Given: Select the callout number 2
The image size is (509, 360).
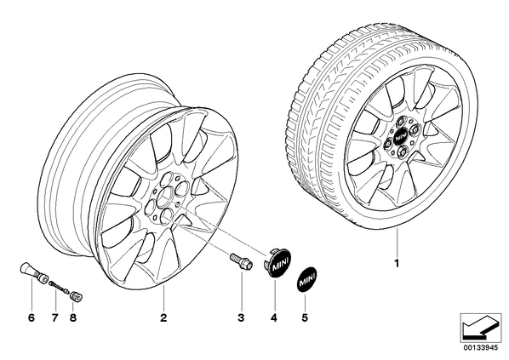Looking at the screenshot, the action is (x=163, y=317).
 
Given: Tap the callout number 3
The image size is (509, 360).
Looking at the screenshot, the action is (x=241, y=317).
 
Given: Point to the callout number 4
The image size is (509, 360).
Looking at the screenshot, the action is (x=274, y=317).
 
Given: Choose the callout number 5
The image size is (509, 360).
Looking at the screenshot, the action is (x=305, y=317).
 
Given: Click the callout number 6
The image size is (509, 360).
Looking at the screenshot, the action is (x=31, y=317).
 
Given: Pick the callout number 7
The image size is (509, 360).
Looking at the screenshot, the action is (x=54, y=317).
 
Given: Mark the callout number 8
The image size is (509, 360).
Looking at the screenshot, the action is (x=73, y=317).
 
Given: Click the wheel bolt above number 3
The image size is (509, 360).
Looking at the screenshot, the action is (x=241, y=261).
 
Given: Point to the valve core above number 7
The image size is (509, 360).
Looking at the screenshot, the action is (x=59, y=288).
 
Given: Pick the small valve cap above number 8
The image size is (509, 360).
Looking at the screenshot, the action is (x=77, y=295).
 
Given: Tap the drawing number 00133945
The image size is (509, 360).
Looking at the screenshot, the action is (x=480, y=348).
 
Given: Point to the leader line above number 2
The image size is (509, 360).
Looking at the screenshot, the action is (x=163, y=298).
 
